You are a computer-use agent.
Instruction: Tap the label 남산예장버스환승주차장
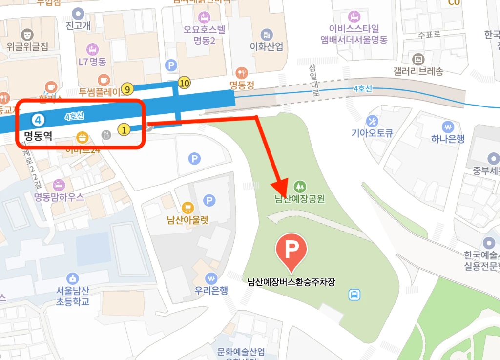tap(292, 282)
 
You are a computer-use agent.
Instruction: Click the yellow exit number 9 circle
tap(127, 89)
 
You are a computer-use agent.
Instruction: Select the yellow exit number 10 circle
tap(184, 83)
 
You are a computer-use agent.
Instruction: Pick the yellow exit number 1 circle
tap(124, 129)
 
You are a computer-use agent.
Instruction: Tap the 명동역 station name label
tap(38, 134)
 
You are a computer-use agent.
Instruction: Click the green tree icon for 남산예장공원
tap(300, 186)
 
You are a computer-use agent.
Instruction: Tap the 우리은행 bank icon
tap(211, 278)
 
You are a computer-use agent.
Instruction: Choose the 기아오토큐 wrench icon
tap(372, 120)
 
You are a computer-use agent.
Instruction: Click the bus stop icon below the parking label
tap(354, 295)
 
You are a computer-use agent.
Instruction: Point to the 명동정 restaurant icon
tap(242, 73)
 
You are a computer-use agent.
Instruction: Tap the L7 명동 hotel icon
tap(92, 49)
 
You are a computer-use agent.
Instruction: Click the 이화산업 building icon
tap(266, 34)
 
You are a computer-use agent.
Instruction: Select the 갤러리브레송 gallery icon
tap(418, 59)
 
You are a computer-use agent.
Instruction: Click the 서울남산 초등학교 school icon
tap(73, 278)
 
